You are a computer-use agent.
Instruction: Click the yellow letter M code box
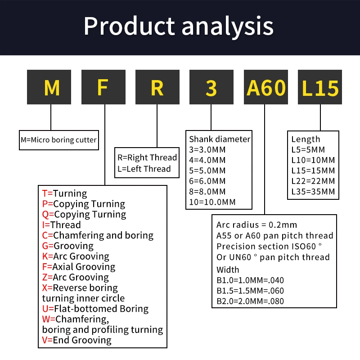(51, 88)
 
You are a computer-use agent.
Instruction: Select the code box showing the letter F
(103, 88)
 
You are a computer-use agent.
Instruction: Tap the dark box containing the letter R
(157, 88)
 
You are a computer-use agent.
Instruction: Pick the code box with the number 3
(211, 88)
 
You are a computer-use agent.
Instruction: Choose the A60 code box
(267, 88)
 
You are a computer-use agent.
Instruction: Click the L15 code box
(320, 88)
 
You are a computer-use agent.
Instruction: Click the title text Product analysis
(179, 26)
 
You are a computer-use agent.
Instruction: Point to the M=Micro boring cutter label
(58, 140)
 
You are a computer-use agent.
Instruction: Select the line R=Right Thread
(147, 157)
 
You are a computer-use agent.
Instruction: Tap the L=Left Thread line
(144, 169)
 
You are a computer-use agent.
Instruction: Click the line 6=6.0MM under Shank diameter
(207, 181)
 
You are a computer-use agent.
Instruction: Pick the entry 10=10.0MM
(212, 202)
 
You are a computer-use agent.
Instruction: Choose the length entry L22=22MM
(313, 181)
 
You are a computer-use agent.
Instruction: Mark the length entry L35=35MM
(313, 192)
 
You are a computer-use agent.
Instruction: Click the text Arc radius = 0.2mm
(256, 225)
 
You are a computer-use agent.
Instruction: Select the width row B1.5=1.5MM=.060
(250, 290)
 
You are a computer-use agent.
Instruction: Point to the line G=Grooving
(67, 246)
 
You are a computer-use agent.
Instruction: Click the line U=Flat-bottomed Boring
(95, 309)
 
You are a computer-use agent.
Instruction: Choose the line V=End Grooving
(76, 340)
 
